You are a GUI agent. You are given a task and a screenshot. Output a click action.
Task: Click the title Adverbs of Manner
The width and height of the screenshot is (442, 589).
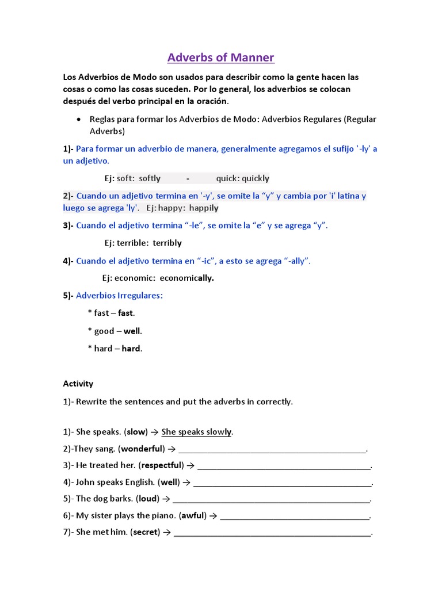coord(220,58)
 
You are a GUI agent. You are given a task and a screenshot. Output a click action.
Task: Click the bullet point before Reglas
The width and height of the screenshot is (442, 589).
coord(78,120)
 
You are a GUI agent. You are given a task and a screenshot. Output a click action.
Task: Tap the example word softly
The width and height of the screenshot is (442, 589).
coord(150,178)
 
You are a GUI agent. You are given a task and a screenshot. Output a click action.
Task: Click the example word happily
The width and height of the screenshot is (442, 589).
coord(204,208)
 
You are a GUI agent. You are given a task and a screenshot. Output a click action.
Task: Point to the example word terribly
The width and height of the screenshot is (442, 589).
coord(167,243)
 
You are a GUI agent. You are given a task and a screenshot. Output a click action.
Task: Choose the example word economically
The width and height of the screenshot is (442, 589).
coord(187,278)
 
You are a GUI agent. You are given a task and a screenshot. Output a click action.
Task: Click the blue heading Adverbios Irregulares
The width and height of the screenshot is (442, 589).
coord(120,296)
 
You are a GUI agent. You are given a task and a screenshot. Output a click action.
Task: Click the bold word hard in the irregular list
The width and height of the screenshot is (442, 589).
coord(131,349)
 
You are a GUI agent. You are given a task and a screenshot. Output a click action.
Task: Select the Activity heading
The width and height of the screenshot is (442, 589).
coord(78,384)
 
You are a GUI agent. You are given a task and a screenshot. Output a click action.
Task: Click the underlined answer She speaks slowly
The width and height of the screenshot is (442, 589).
coord(197,432)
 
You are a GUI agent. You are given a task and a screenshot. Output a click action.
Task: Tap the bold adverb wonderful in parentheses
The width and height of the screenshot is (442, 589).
coord(142,449)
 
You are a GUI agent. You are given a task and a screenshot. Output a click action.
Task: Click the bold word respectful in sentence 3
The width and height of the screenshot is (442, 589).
coord(161,465)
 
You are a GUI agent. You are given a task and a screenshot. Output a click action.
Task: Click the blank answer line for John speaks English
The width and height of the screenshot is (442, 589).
coord(283,483)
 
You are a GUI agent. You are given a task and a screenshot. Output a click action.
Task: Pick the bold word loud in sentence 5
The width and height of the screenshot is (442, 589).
coord(148,499)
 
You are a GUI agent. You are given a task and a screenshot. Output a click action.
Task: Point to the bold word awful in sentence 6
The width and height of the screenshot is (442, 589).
coord(193,516)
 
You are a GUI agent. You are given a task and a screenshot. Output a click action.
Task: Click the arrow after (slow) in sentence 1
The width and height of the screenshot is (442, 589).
coord(155,432)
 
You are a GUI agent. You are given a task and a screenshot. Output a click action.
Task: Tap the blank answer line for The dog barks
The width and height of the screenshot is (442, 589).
coord(271,500)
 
